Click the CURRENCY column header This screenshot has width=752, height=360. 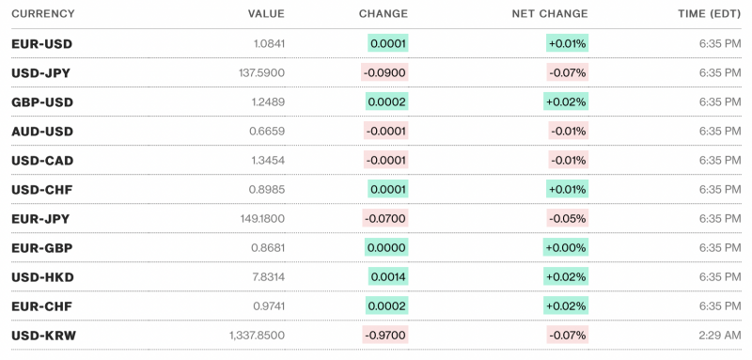pos(42,14)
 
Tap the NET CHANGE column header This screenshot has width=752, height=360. pos(550,14)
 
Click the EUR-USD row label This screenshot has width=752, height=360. pos(41,44)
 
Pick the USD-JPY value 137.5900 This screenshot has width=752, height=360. pos(260,73)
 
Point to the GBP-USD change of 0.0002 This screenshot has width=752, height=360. pos(387,102)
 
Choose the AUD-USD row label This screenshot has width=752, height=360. pos(41,132)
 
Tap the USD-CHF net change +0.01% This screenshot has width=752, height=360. pos(567,190)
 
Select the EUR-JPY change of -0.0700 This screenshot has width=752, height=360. pos(385,219)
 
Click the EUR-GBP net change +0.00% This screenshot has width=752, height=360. pos(565,248)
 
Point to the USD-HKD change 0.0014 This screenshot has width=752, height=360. pos(388,277)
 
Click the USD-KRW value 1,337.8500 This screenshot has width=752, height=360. pos(257,336)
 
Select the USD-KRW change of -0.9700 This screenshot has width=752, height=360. pos(385,336)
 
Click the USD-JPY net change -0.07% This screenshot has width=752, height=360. pos(568,73)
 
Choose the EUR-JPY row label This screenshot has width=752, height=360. pos(40,219)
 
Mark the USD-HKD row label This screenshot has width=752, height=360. pos(42,277)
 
